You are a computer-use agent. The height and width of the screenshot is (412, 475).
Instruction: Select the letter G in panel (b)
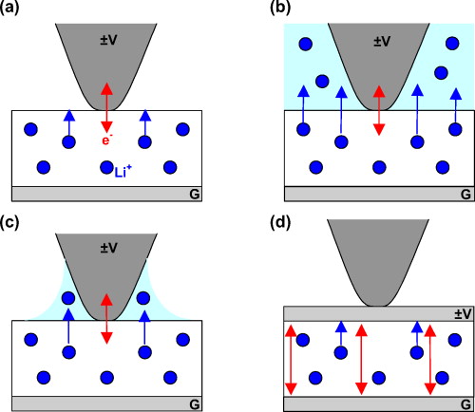(463, 193)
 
